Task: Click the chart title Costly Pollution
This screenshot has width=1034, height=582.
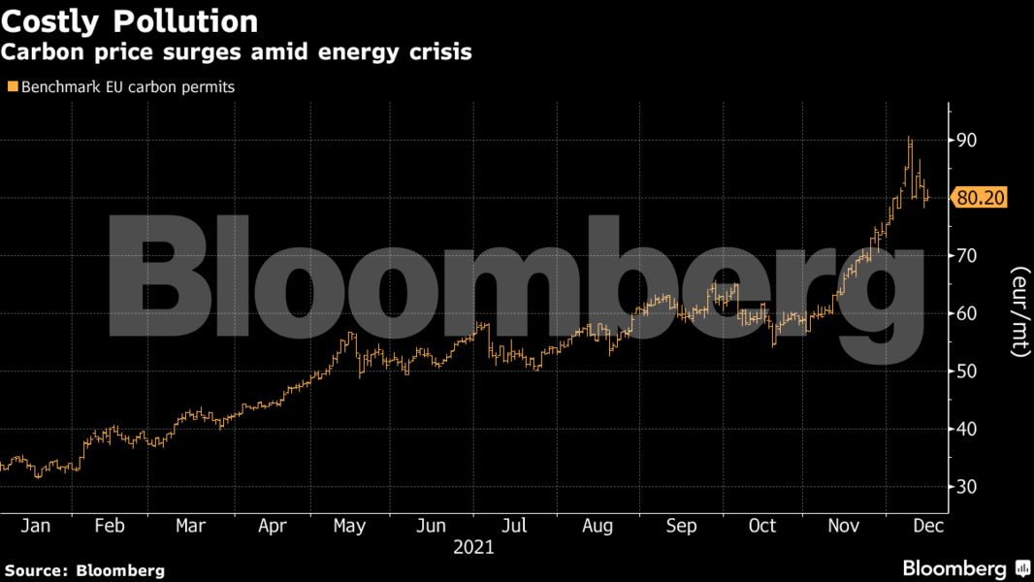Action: (130, 20)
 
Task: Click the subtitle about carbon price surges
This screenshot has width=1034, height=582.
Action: (237, 52)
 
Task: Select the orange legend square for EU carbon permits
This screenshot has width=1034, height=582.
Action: (12, 86)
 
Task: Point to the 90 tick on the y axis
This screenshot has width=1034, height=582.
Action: (966, 141)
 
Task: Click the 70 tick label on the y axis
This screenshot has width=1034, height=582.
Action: (966, 256)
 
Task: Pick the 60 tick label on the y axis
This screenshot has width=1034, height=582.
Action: (966, 313)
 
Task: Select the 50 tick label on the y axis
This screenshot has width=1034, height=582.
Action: (966, 372)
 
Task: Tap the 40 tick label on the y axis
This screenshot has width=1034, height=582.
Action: (966, 429)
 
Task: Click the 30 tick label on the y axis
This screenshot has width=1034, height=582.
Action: (966, 487)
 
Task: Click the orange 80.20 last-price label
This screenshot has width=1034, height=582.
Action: (981, 198)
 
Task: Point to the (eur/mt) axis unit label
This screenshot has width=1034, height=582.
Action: (1019, 311)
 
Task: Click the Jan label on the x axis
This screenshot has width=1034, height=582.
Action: (35, 525)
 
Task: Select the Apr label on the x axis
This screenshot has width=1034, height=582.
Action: (273, 525)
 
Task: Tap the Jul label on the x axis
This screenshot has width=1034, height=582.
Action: (515, 525)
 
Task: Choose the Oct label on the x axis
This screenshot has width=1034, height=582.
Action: (762, 525)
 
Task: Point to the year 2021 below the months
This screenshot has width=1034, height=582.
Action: (473, 547)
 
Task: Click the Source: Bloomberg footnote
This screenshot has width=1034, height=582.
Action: (85, 569)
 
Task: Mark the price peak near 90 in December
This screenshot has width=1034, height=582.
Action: (909, 139)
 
